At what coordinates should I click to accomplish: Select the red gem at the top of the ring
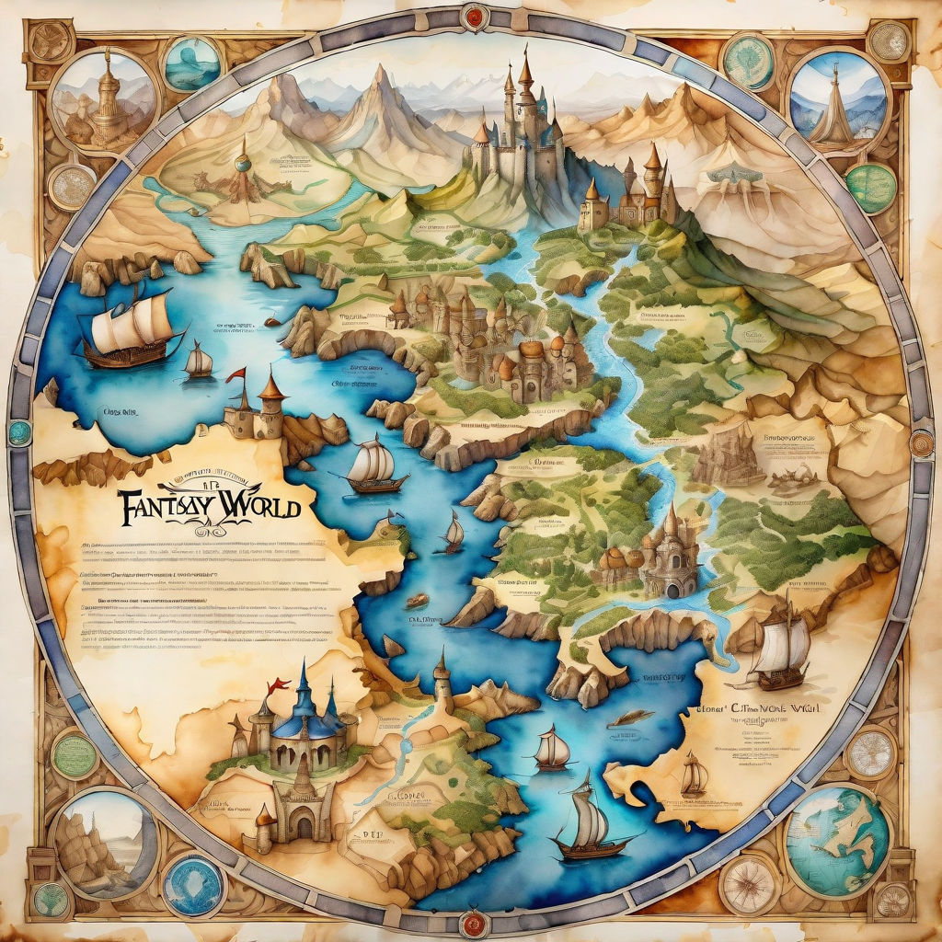click(475, 16)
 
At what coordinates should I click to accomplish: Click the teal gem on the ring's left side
click(19, 432)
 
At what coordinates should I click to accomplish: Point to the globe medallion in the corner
click(837, 839)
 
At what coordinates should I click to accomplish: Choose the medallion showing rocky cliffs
click(102, 843)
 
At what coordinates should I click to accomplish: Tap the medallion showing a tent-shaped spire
click(838, 98)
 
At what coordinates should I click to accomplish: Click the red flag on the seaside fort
click(237, 374)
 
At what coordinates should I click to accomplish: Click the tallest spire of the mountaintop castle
click(525, 74)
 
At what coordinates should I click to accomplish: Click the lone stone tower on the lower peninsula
click(442, 676)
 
